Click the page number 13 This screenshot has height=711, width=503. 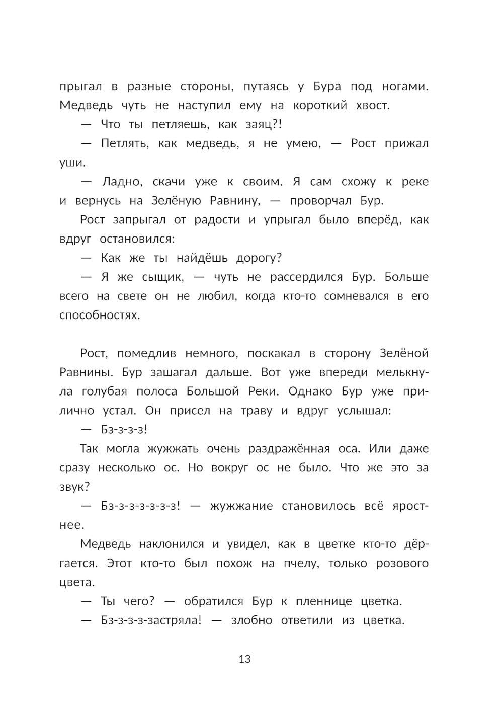244,659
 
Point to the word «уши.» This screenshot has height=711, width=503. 72,163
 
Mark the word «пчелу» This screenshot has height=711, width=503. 301,563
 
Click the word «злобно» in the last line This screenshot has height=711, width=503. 250,620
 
